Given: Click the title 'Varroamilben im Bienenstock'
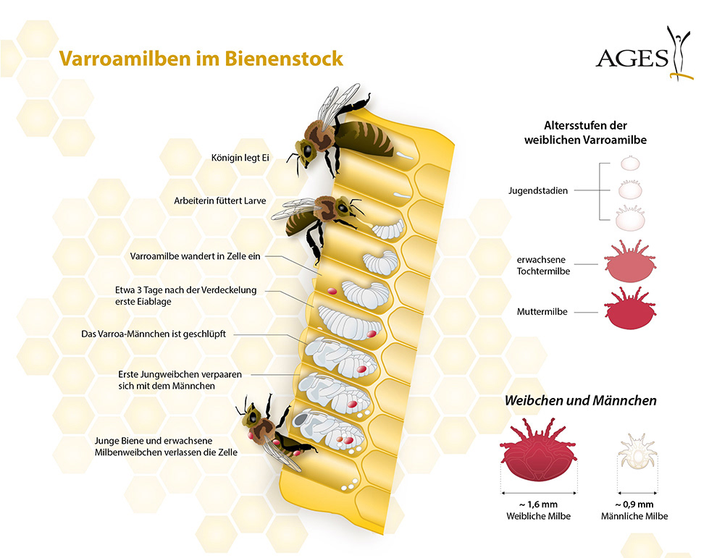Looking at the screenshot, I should point(201,59).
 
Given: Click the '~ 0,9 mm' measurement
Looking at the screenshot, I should point(634,504).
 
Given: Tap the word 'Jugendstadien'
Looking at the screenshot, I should point(540,190).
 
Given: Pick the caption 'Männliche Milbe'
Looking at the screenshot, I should point(634,516).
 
